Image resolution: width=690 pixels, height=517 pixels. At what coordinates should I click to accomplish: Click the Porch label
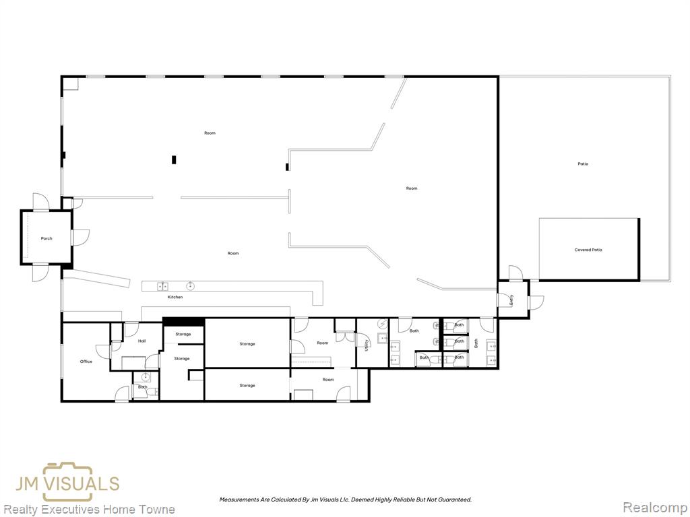(46, 238)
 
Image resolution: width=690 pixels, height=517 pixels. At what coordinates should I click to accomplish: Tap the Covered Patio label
(588, 250)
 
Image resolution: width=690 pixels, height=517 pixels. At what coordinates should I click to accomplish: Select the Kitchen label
(175, 297)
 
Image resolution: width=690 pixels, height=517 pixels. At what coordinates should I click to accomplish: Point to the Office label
(86, 361)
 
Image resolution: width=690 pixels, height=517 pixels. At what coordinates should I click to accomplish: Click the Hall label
(142, 341)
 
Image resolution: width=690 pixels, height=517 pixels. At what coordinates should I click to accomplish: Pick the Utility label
(366, 345)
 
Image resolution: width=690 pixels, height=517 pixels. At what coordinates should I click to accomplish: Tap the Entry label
(511, 300)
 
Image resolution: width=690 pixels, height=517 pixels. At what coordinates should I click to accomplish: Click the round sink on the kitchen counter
(191, 286)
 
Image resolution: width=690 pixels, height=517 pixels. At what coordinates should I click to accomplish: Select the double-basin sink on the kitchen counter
(162, 287)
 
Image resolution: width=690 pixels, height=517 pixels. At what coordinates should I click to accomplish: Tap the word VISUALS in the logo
(83, 483)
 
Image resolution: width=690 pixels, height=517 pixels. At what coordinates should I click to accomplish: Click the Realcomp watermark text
(654, 508)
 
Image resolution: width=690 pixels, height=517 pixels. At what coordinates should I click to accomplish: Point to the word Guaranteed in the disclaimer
(456, 499)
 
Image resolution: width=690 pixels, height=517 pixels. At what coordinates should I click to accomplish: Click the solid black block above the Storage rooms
(183, 322)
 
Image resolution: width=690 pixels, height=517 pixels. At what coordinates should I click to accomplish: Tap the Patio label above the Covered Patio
(583, 164)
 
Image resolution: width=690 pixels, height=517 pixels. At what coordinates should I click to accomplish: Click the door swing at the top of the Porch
(41, 202)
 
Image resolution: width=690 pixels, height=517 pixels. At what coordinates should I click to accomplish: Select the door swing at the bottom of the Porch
(40, 272)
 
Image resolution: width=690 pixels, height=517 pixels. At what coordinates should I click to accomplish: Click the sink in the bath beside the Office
(145, 377)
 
